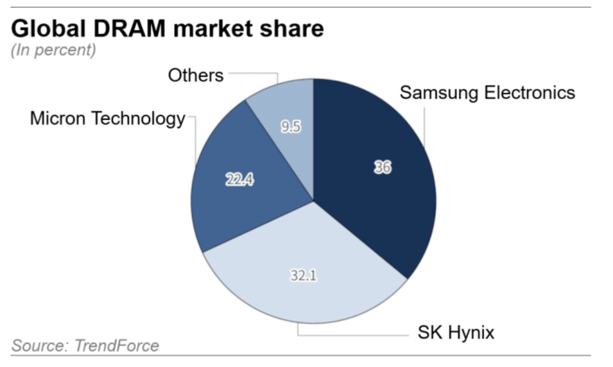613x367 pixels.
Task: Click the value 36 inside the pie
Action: (x=382, y=168)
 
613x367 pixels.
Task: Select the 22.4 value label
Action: (x=239, y=179)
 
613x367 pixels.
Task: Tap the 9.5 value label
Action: (x=290, y=127)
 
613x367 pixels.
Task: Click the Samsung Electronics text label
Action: (x=487, y=93)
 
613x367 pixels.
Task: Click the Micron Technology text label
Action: (x=108, y=119)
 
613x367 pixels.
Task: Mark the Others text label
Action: (x=195, y=75)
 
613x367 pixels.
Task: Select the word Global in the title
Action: (x=45, y=29)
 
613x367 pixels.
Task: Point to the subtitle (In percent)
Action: (x=53, y=50)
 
